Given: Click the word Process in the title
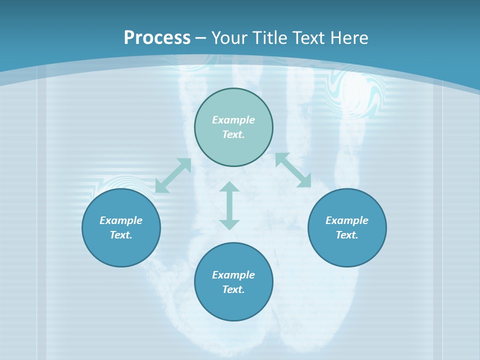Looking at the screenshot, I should click(x=157, y=38).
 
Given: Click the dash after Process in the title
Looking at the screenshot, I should click(x=201, y=38).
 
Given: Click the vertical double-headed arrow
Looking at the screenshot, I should click(x=229, y=205).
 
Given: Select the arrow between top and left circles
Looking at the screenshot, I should click(x=173, y=175).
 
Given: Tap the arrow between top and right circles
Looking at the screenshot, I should click(x=293, y=170).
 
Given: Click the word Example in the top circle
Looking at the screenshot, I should click(x=233, y=120).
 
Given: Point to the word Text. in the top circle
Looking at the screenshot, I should click(x=233, y=134).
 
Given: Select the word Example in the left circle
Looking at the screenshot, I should click(x=121, y=220).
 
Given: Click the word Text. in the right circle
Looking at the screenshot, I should click(x=347, y=235).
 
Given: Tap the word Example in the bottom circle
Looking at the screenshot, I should click(x=233, y=275).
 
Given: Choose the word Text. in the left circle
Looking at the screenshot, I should click(x=121, y=235).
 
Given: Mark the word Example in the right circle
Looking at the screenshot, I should click(x=347, y=220).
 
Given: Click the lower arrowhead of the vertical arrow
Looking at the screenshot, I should click(x=229, y=224).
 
